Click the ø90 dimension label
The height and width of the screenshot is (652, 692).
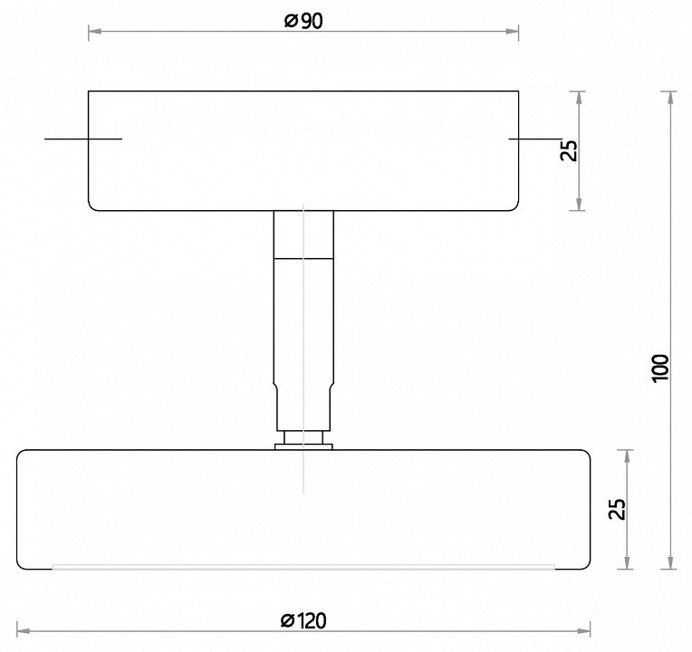[x=303, y=21]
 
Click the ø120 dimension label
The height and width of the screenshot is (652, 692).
[x=303, y=620]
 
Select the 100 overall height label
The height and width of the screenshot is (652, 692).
[x=660, y=369]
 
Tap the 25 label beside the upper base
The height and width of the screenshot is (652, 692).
[x=569, y=150]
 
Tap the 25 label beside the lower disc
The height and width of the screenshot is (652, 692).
[x=617, y=509]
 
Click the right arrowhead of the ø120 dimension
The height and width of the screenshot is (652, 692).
[x=584, y=631]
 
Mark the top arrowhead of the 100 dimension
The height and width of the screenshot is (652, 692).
[x=671, y=98]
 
